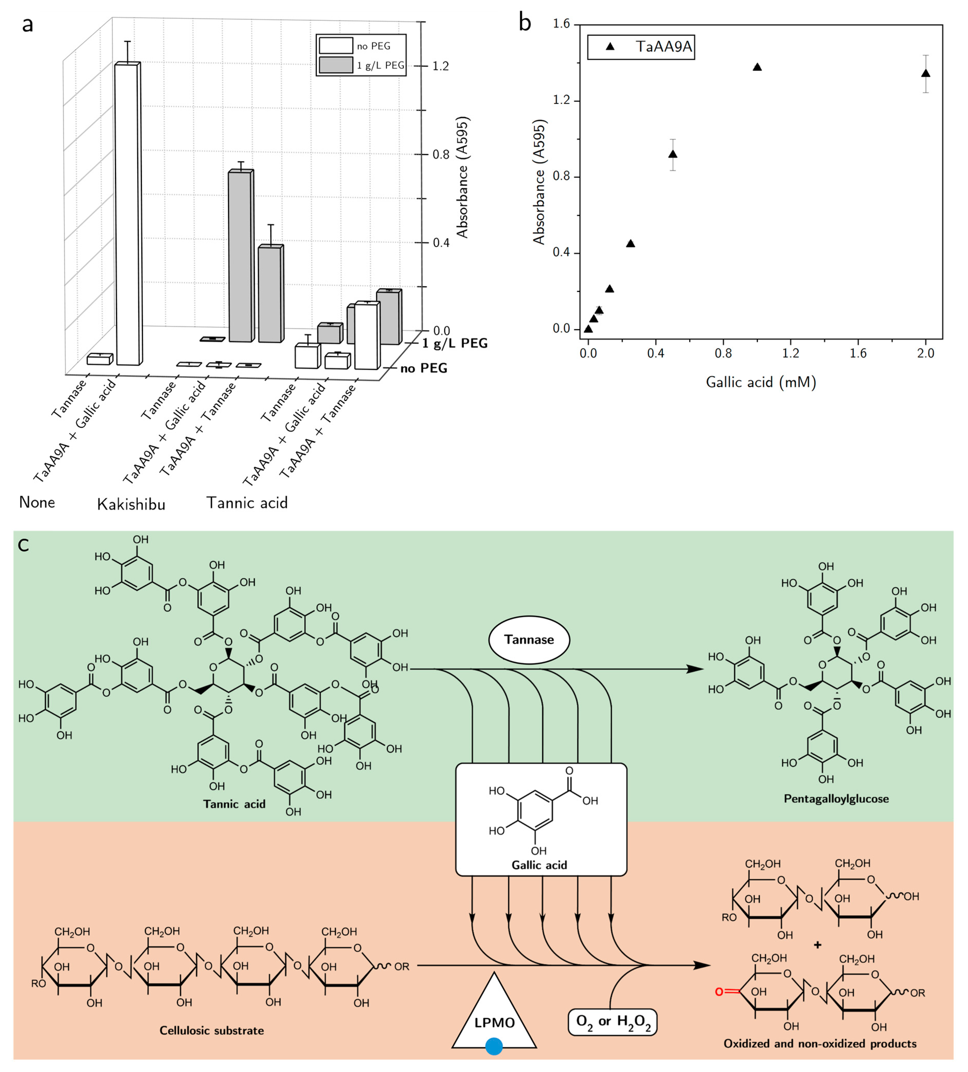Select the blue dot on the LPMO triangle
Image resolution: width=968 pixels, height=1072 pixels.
[494, 1046]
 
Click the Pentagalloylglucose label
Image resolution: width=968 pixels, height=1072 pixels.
[836, 799]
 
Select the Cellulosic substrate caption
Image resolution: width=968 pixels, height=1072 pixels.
[212, 1030]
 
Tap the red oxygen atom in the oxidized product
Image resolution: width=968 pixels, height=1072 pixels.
[719, 992]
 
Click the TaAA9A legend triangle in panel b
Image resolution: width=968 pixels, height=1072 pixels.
[610, 47]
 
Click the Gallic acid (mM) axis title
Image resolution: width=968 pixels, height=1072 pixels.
[761, 382]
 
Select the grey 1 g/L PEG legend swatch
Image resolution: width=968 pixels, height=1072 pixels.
[336, 65]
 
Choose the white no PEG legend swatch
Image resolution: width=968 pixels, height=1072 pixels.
[336, 46]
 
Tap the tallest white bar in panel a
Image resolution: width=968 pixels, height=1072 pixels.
[128, 213]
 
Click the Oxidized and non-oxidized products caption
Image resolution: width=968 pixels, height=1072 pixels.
[820, 1043]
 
